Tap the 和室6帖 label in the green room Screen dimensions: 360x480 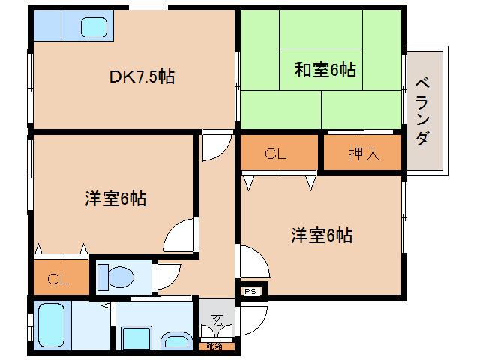point(325,70)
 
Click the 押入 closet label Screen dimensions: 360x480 point(364,154)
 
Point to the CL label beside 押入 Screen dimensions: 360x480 point(276,154)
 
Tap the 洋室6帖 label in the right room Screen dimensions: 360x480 point(322,235)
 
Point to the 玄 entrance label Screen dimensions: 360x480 point(216,318)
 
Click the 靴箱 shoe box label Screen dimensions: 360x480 point(214,346)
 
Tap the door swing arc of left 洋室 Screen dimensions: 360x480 point(180,235)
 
